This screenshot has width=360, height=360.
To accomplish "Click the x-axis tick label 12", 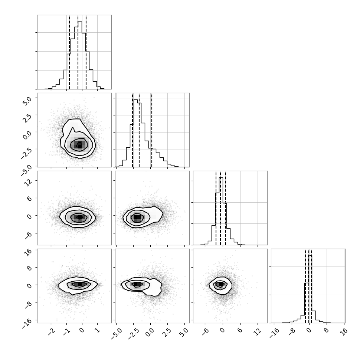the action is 259,331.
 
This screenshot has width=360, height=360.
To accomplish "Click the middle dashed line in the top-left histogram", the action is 78,52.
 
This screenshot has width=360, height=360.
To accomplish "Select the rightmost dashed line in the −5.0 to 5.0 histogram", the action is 151,130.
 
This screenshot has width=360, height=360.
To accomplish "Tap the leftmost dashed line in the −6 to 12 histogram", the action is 216,208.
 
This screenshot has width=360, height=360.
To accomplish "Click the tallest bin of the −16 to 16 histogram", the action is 310,289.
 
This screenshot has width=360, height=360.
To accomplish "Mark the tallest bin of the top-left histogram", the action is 80,55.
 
